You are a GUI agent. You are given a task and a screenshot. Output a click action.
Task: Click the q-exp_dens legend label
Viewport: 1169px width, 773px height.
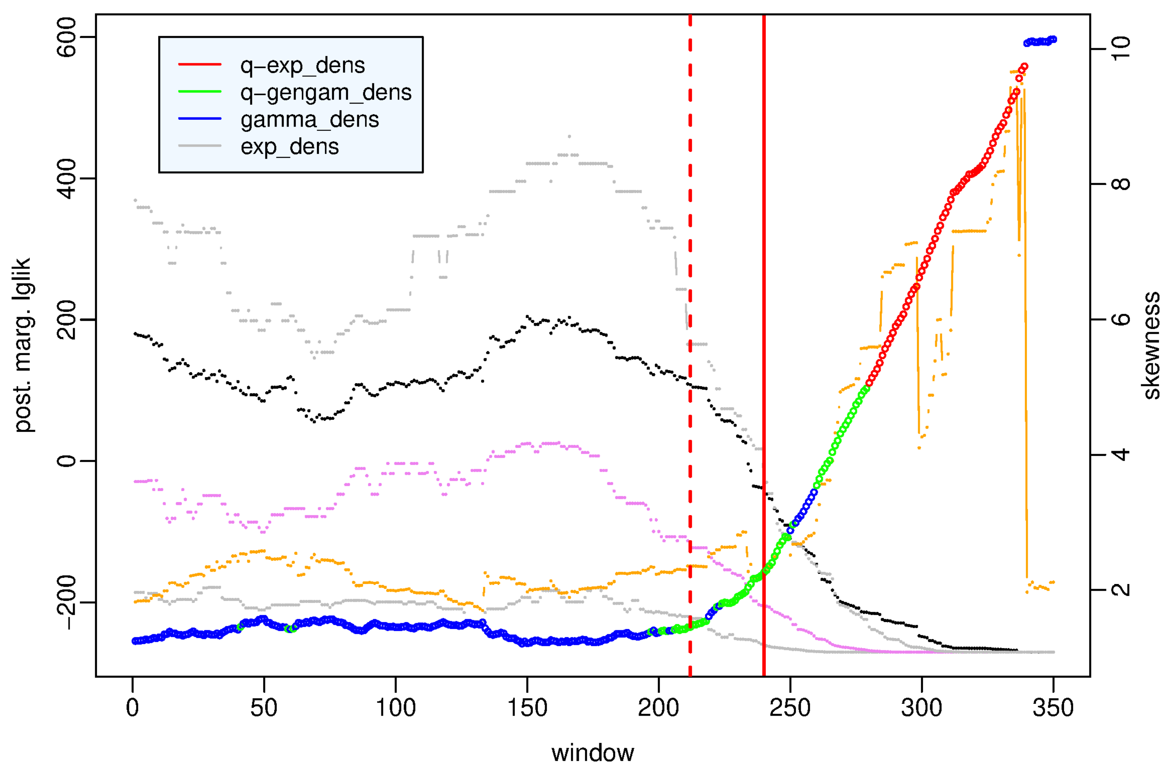(x=302, y=65)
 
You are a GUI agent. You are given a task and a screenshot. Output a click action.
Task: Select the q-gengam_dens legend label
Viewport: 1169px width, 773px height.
(x=326, y=92)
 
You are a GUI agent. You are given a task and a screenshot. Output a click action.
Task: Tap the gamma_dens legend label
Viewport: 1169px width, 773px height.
(x=309, y=119)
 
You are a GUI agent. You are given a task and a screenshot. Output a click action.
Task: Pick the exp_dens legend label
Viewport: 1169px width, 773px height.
(x=290, y=146)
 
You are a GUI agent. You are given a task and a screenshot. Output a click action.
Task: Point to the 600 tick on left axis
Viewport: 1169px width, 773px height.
(x=66, y=37)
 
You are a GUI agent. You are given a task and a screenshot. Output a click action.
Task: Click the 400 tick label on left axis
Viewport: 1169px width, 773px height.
(x=66, y=178)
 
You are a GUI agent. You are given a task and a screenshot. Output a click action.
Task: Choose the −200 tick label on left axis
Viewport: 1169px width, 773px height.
(x=66, y=603)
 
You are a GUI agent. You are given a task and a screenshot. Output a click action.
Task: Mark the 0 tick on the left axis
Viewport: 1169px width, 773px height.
(x=66, y=461)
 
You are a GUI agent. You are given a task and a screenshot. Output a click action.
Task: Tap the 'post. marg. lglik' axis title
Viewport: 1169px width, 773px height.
(x=23, y=345)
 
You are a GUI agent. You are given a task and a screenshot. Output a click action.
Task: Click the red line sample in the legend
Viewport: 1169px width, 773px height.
(x=199, y=64)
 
